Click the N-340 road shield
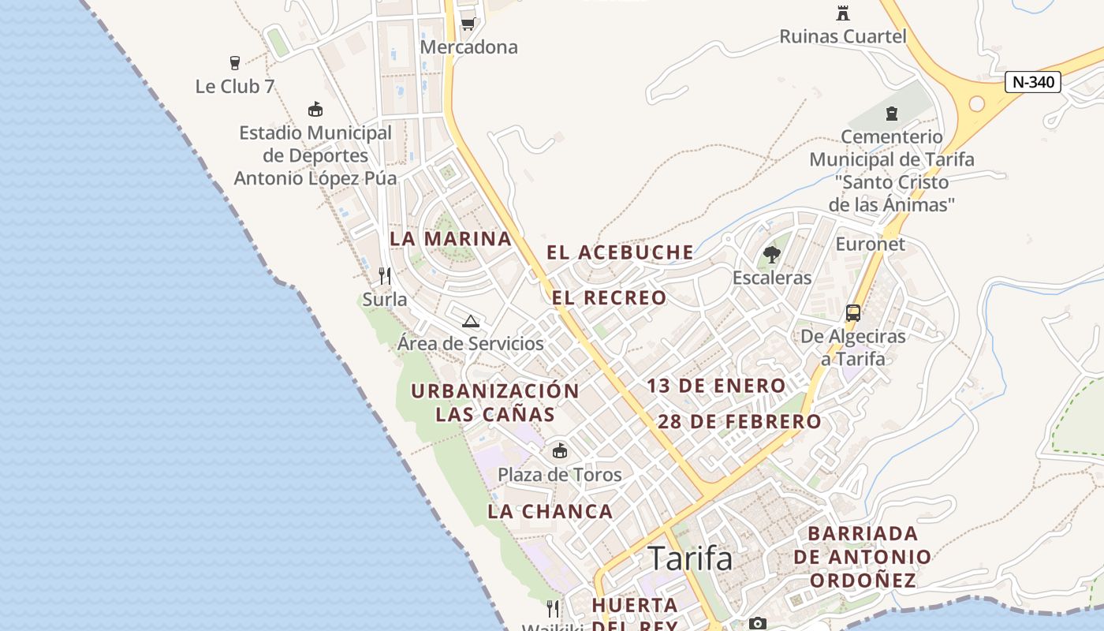coord(1033,82)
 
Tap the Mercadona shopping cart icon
coord(468,24)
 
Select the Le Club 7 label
coord(235,86)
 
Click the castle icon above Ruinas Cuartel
coord(843,13)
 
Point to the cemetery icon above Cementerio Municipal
coord(892,114)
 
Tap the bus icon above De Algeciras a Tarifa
coord(852,313)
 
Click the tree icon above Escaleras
coord(771,255)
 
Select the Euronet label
coord(871,244)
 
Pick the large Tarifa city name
coord(690,558)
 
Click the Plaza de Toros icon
coord(560,451)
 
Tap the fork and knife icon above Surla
coord(385,276)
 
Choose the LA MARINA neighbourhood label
coord(451,238)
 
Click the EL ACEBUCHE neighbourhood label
coord(621,252)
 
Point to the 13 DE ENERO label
coord(716,386)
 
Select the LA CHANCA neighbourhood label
coord(550,511)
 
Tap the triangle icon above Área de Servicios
coord(471,321)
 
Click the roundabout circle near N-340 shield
coord(977,103)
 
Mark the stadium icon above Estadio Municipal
coord(315,110)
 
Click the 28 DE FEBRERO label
coord(740,421)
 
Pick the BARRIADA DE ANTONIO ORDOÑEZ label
coord(863,557)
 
